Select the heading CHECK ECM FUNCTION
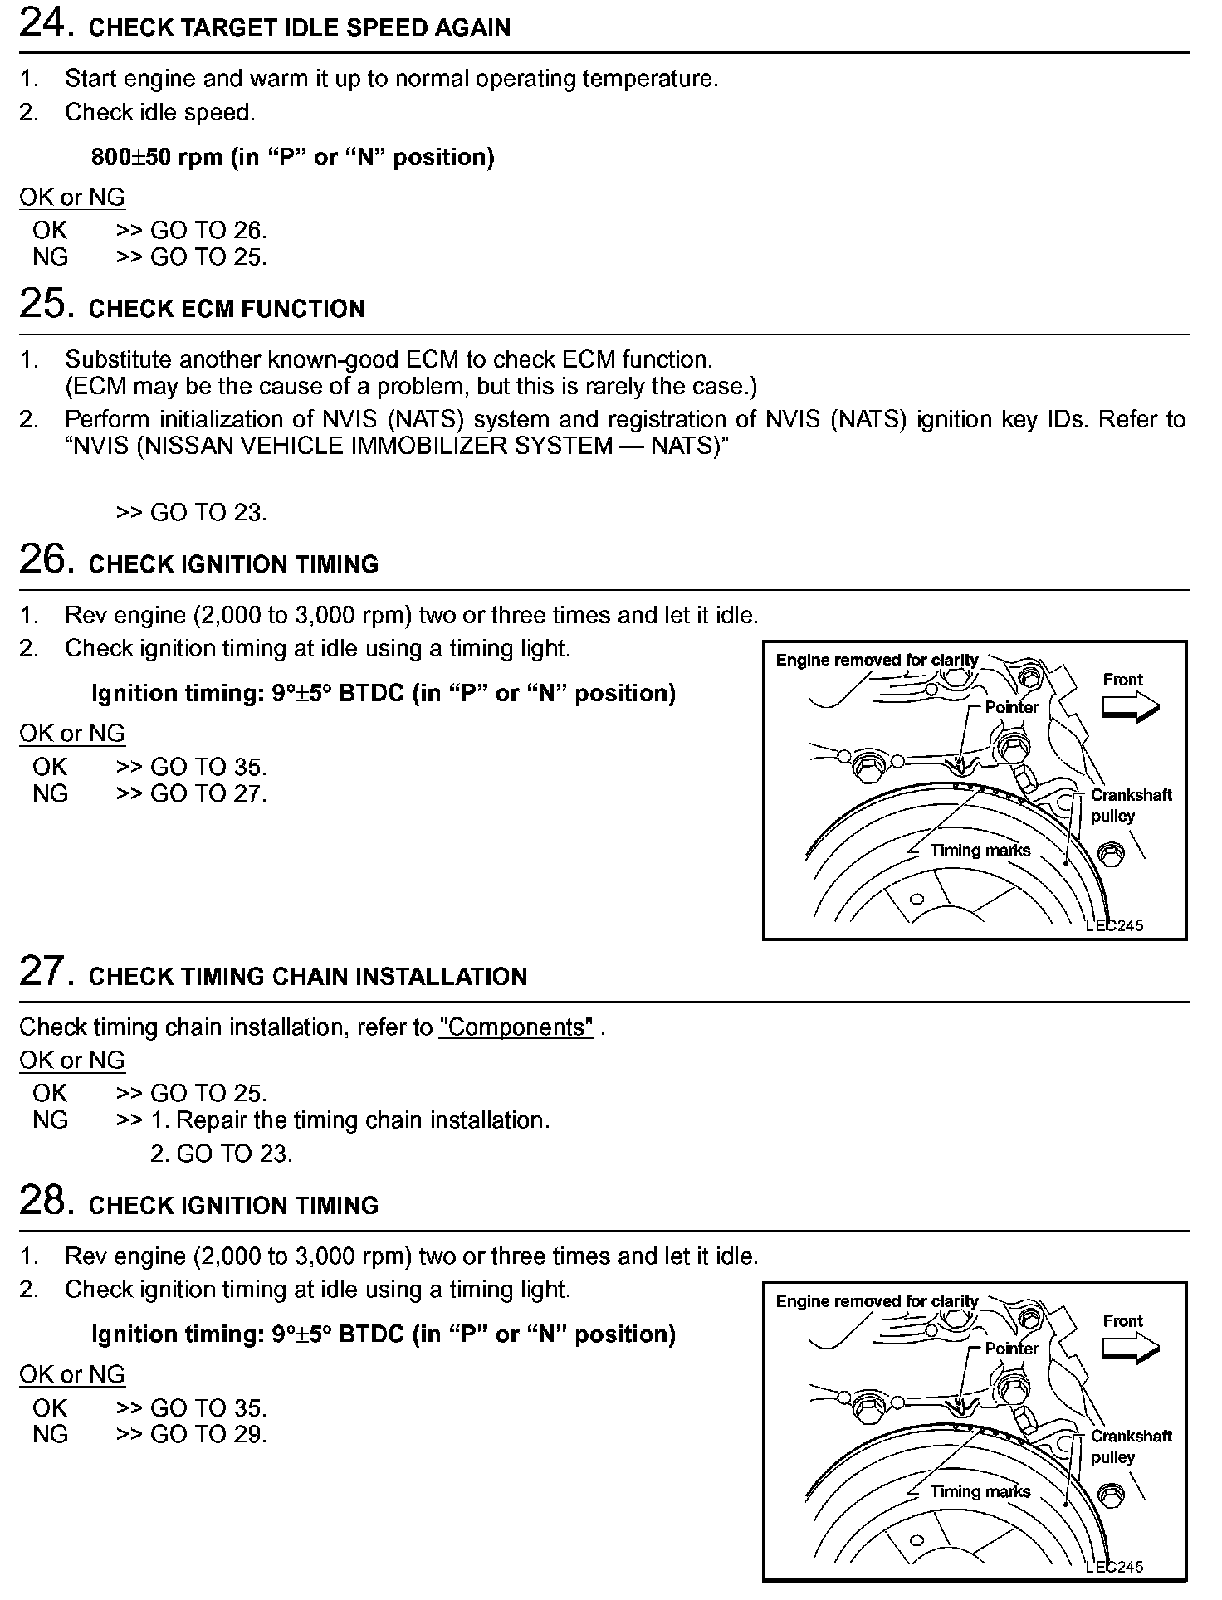[x=227, y=310]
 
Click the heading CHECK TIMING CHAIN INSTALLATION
[x=307, y=977]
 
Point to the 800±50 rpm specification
[x=292, y=158]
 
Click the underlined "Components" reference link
[x=516, y=1027]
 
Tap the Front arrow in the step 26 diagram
[x=1129, y=706]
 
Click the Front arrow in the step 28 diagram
[x=1129, y=1348]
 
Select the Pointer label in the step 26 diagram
[x=1011, y=707]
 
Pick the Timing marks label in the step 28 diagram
[x=980, y=1491]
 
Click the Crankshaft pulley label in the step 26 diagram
[x=1130, y=805]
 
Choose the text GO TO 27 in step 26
[x=208, y=794]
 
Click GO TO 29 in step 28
[x=208, y=1435]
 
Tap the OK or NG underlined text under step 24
[x=72, y=198]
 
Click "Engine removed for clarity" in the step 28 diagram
[x=877, y=1301]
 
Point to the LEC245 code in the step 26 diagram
[x=1114, y=925]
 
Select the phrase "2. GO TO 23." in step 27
[x=221, y=1154]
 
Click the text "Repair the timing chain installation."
[x=363, y=1120]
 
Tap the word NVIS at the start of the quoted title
[x=100, y=446]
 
